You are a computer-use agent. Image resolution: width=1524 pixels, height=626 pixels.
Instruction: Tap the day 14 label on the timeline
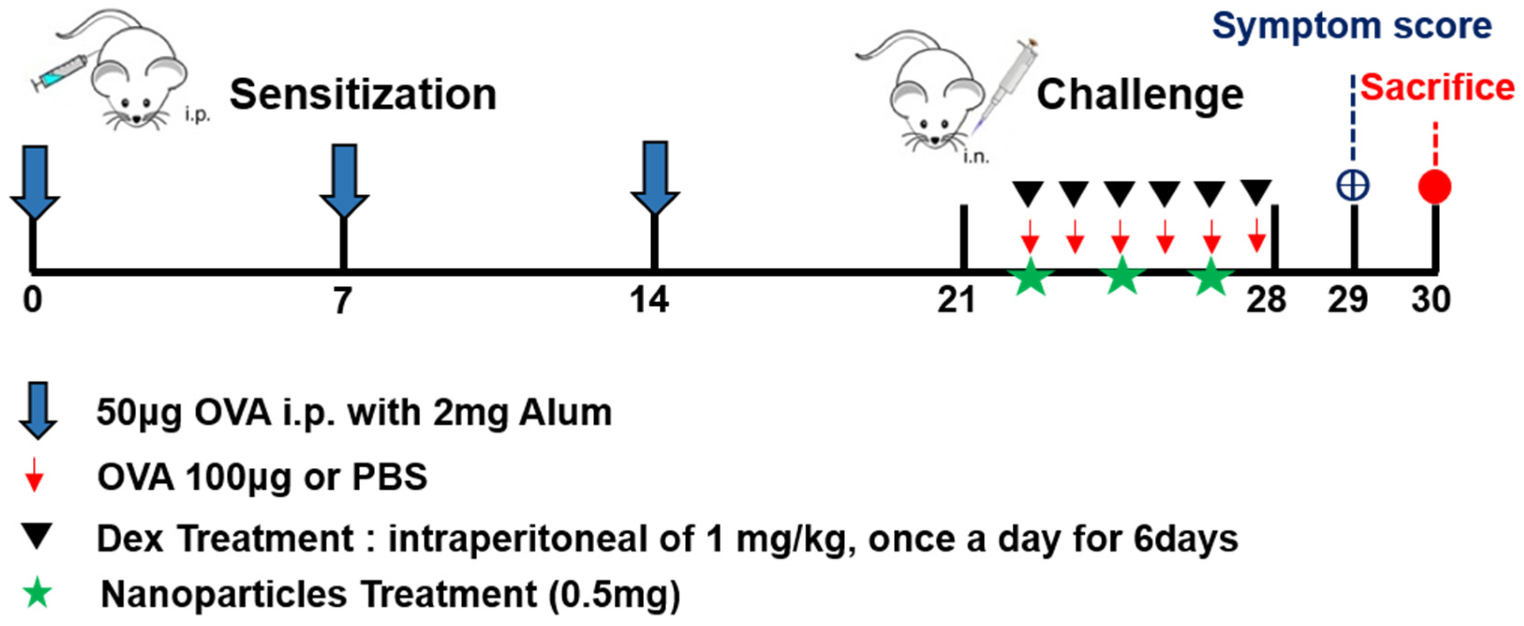(649, 300)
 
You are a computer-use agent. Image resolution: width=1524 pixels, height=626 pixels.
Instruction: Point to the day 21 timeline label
(956, 300)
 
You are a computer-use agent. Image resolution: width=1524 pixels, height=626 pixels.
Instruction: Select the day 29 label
(1347, 300)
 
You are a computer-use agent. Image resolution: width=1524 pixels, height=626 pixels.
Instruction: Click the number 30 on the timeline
(1430, 300)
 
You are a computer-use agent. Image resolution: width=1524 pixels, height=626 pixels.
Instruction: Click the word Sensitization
(363, 95)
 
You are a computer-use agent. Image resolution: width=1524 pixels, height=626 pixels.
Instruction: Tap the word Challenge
(1140, 95)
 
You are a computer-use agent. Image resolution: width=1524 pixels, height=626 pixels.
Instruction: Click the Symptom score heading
(1352, 27)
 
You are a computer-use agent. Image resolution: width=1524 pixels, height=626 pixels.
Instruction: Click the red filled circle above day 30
(1435, 187)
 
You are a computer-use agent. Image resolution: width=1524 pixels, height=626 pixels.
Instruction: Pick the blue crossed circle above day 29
(1353, 187)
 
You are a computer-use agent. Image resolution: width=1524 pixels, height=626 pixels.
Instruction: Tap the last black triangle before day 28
(1255, 193)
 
